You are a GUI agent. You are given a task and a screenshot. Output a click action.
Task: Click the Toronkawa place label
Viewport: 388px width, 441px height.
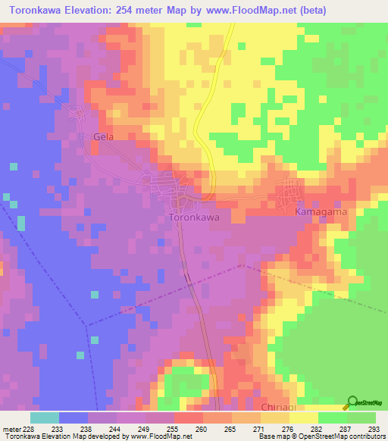pyautogui.click(x=192, y=217)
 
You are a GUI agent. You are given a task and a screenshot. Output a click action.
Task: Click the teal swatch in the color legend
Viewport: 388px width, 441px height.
pyautogui.click(x=44, y=417)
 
